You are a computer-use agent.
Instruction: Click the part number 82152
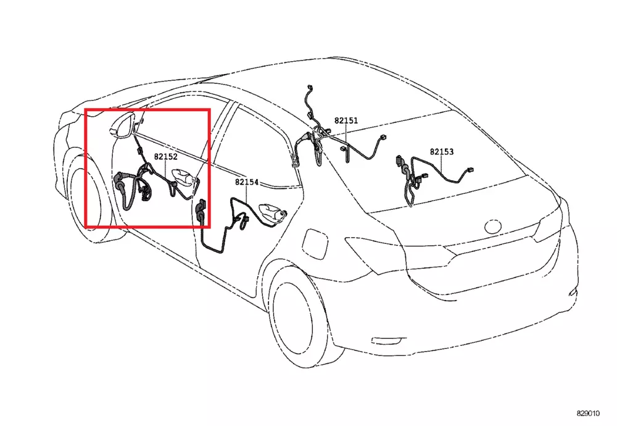[x=165, y=157]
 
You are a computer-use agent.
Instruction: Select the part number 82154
[x=247, y=182]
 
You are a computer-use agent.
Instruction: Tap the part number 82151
[x=346, y=120]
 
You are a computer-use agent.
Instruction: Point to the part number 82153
[x=442, y=152]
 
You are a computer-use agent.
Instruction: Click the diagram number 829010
[x=588, y=414]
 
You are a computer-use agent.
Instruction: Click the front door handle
[x=183, y=177]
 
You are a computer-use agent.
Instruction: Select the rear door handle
[x=272, y=213]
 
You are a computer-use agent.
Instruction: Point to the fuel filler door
[x=315, y=244]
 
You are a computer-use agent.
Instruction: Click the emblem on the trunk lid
[x=493, y=226]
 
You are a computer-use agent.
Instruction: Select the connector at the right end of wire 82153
[x=470, y=170]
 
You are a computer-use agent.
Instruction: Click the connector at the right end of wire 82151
[x=382, y=138]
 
